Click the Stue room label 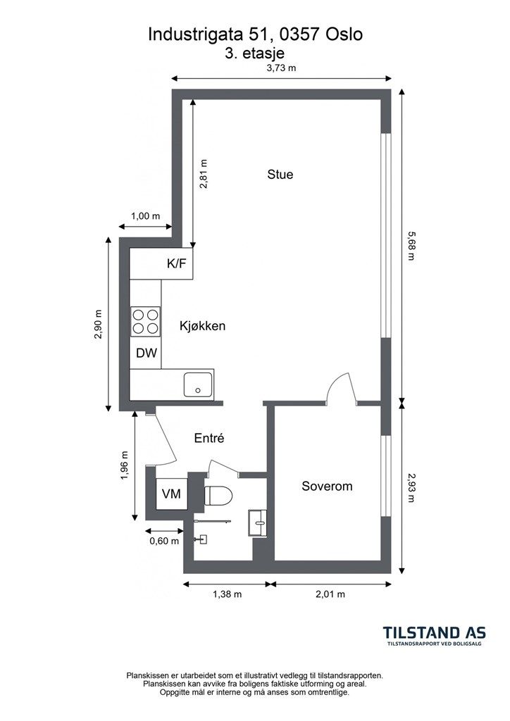pos(280,175)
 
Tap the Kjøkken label pos(202,326)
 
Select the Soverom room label pos(327,486)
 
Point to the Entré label pos(209,438)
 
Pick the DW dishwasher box pos(147,353)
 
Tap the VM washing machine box pos(172,494)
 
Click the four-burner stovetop pos(146,321)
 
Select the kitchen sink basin pos(198,384)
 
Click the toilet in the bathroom pos(218,496)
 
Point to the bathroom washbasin pos(258,522)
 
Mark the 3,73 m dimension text pos(282,68)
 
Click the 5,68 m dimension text pos(411,246)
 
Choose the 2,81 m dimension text pos(204,174)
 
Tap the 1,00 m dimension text pos(145,215)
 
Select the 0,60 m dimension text pos(164,541)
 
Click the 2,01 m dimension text pos(330,594)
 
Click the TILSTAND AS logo pos(435,636)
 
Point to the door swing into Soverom pos(342,389)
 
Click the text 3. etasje pos(255,53)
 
